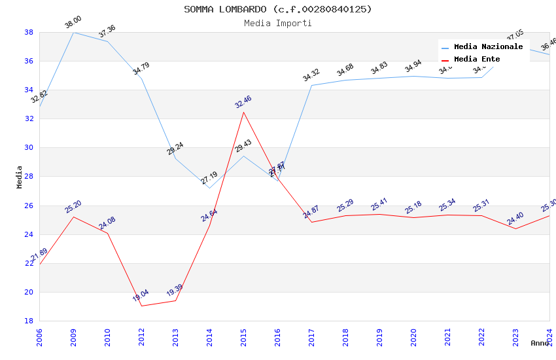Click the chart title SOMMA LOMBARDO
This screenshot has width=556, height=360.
277,9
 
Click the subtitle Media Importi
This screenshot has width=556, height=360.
277,23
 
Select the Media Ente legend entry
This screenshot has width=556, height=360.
476,59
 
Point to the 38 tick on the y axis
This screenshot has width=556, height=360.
29,32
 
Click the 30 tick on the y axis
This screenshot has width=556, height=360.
29,147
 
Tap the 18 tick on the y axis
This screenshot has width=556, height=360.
29,321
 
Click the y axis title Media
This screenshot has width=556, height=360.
20,177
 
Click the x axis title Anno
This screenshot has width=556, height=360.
540,343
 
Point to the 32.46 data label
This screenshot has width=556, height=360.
243,102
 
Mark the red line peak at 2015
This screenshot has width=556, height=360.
243,112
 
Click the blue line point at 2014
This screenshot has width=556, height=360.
209,188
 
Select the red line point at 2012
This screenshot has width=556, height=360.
141,306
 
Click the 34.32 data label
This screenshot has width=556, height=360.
311,76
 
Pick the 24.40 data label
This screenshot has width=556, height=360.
515,219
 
